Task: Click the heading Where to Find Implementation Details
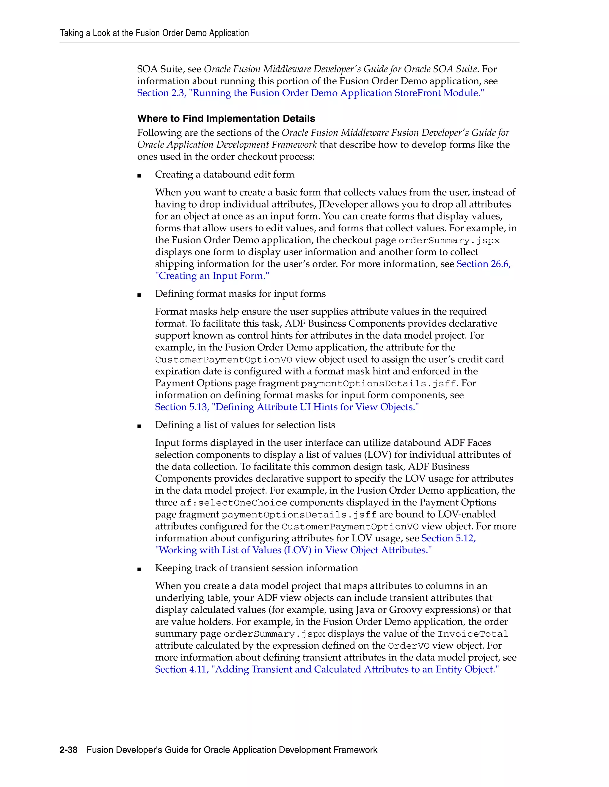226,118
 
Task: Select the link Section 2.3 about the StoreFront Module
310,93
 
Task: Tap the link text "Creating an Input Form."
212,276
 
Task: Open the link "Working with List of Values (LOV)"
293,550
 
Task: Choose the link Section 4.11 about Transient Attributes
327,669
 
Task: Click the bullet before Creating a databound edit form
139,176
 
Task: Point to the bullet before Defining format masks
139,295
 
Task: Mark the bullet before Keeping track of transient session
139,569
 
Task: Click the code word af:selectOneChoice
233,503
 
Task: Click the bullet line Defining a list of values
245,425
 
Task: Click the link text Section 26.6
483,264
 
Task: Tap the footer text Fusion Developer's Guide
232,750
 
